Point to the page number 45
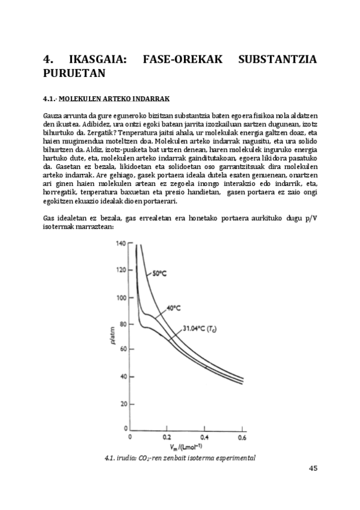coord(312,469)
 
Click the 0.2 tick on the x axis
coord(167,437)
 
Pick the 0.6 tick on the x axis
coord(242,437)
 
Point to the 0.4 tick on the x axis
coord(204,437)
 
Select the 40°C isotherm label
coord(174,307)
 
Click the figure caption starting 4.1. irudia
coord(180,458)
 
